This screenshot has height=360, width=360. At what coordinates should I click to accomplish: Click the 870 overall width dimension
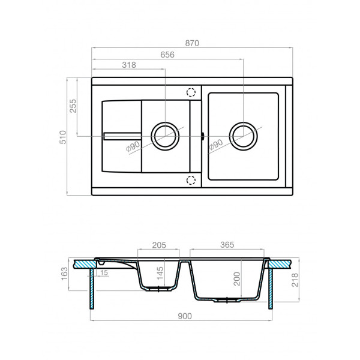tap(193, 43)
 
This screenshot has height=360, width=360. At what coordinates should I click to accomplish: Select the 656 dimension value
tap(167, 55)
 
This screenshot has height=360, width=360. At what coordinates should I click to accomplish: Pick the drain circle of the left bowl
tap(164, 136)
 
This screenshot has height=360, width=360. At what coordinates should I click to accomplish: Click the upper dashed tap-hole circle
tap(191, 92)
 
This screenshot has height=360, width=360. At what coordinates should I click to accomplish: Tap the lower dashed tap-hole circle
tap(191, 179)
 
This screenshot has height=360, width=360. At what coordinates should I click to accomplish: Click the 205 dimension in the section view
tap(159, 245)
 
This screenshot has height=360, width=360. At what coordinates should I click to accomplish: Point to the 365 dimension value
tap(227, 245)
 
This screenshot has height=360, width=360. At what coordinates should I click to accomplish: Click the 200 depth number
tap(237, 278)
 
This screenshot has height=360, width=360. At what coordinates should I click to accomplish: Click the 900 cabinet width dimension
tap(183, 316)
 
